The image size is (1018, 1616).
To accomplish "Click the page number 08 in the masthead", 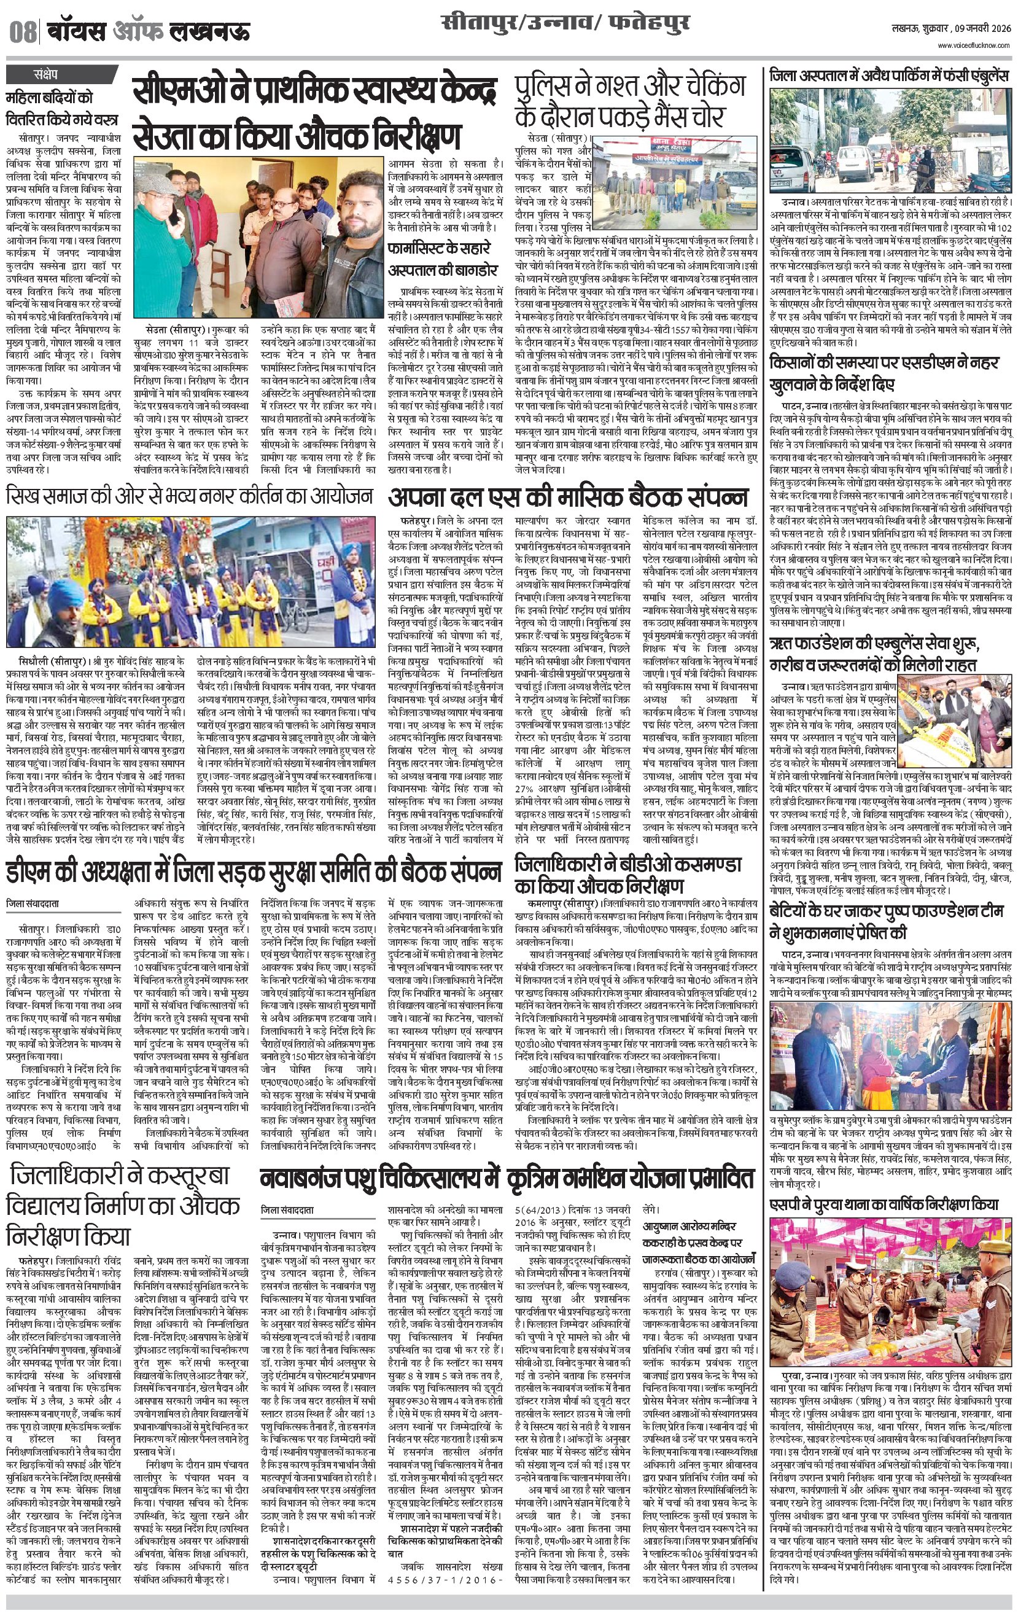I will click(23, 31).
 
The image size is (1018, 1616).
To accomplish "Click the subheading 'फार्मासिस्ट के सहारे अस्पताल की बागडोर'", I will click(443, 259).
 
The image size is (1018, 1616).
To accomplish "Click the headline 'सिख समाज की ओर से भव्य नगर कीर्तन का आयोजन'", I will click(189, 497).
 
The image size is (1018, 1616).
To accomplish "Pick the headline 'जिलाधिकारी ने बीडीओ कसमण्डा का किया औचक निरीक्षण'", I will click(628, 875).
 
